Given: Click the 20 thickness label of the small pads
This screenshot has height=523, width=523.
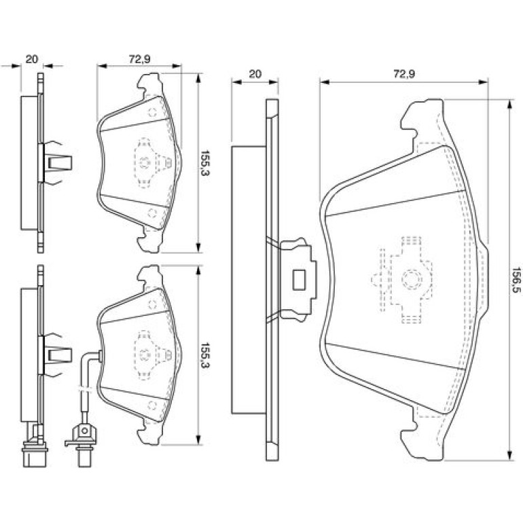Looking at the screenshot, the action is [32, 59].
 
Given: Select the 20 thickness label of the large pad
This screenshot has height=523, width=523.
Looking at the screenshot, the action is [255, 74].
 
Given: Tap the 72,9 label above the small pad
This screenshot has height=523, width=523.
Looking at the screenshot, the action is [139, 59].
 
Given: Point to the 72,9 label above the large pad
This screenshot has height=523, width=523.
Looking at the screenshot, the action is [404, 74].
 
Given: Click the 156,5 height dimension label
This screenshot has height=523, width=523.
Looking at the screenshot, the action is [516, 280].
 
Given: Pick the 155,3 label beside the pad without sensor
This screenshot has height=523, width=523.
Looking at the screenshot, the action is [204, 163].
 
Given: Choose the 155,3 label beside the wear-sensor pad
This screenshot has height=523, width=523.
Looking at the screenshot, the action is [204, 355].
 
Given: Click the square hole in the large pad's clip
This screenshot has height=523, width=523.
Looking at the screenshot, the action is [299, 280].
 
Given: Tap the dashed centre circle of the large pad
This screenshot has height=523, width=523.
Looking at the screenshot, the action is [411, 279].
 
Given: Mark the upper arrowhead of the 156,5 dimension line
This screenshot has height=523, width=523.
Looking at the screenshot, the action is [509, 105].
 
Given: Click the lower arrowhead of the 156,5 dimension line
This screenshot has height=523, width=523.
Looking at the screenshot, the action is [509, 456].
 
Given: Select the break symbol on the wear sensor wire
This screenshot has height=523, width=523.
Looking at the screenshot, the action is [84, 389].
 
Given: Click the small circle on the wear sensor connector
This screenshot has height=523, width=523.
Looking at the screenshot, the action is [84, 431].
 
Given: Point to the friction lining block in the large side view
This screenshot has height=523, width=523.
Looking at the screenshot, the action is [249, 280].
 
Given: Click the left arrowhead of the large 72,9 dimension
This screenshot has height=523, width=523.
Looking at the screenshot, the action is [325, 82].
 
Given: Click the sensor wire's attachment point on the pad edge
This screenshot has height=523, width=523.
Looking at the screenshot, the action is [99, 355].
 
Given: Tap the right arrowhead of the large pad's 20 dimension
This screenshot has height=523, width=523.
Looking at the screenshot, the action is [274, 82].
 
